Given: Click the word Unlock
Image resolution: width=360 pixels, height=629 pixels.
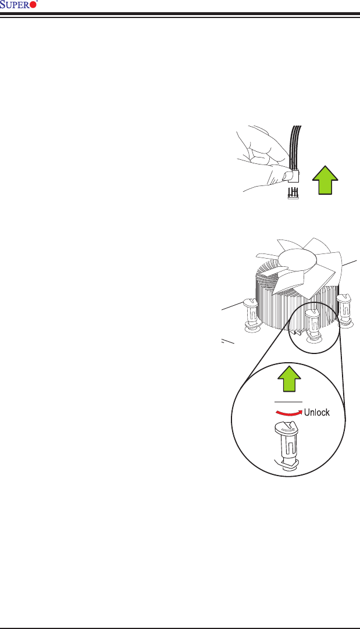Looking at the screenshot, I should coord(317,413).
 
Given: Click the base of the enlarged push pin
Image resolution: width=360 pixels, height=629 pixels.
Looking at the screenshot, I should coord(288,463).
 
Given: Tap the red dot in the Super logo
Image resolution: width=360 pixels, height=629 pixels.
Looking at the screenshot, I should coord(33,5).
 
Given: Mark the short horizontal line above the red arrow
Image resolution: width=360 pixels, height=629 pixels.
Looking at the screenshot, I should coord(288,402).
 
